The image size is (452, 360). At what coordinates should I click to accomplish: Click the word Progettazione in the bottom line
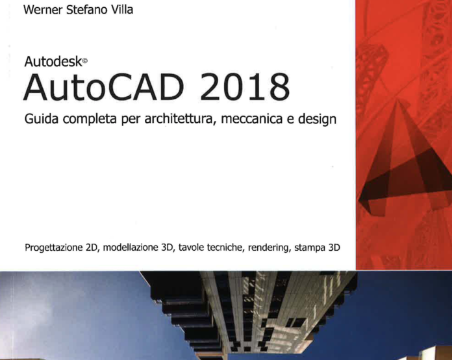pos(53,248)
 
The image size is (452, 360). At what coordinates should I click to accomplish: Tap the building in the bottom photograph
pos(247,312)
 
